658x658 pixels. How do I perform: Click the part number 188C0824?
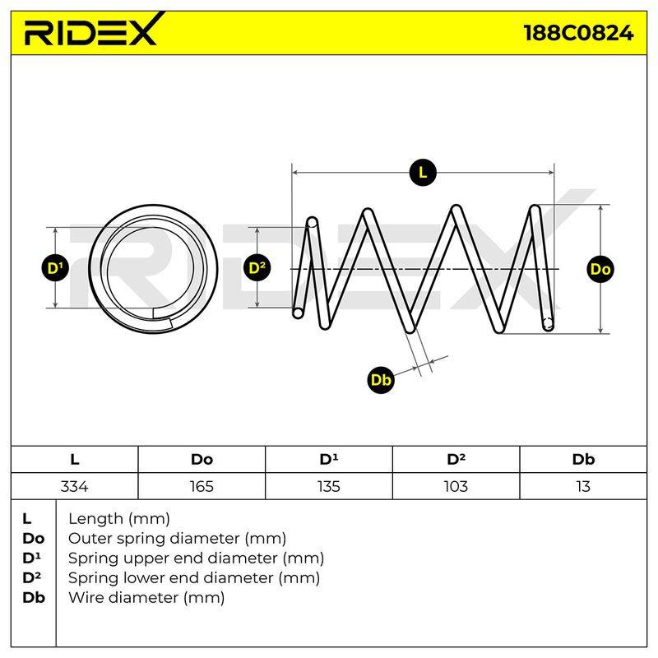click(x=578, y=33)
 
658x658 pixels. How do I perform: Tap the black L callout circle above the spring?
click(x=423, y=173)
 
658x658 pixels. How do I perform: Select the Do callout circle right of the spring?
click(x=600, y=269)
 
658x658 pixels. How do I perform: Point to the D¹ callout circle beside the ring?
click(x=55, y=268)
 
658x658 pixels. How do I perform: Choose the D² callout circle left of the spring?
click(x=257, y=268)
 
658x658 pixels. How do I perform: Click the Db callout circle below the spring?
click(x=381, y=380)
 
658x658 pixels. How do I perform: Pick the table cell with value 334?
click(x=74, y=486)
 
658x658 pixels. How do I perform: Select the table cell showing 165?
click(x=202, y=486)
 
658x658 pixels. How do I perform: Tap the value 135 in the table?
click(x=328, y=486)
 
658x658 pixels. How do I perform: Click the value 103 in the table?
click(x=456, y=486)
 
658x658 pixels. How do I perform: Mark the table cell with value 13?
click(x=583, y=486)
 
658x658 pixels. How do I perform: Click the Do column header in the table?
click(x=202, y=460)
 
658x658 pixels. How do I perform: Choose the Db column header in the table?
click(x=583, y=460)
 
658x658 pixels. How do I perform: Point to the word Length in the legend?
click(x=95, y=520)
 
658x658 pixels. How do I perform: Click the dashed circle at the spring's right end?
click(x=548, y=323)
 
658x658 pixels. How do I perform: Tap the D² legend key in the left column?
click(x=32, y=577)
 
